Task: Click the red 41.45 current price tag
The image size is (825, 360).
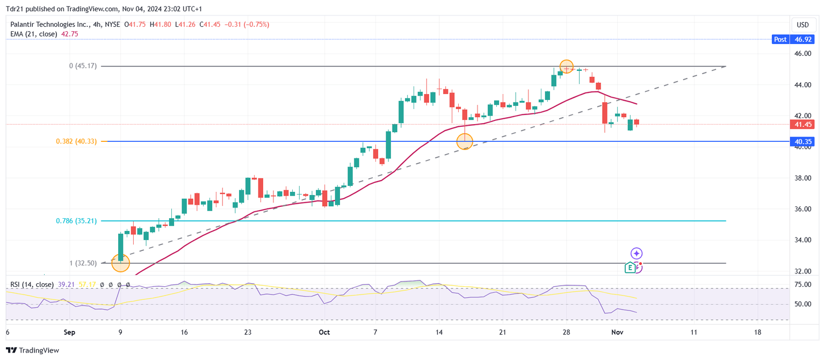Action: pos(803,125)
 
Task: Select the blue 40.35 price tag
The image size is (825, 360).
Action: pos(803,142)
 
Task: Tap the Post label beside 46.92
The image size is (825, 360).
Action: pos(780,39)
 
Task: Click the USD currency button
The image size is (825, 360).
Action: pos(802,25)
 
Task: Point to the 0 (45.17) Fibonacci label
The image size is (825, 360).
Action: pos(83,66)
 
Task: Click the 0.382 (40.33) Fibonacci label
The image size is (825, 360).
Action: pos(76,141)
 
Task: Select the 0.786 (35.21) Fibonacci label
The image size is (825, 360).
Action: pos(76,221)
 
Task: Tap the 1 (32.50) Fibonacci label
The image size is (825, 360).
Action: pos(83,263)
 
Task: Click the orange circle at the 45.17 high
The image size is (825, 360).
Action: pos(567,67)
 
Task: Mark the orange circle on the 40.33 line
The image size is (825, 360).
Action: pos(465,141)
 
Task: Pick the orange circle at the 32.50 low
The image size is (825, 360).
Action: pos(120,263)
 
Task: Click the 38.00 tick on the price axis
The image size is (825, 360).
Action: pos(802,178)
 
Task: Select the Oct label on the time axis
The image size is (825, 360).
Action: pos(324,333)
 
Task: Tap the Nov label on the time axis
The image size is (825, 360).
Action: pos(617,333)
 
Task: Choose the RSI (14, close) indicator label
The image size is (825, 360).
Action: pos(32,285)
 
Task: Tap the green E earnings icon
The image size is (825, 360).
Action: pos(630,268)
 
